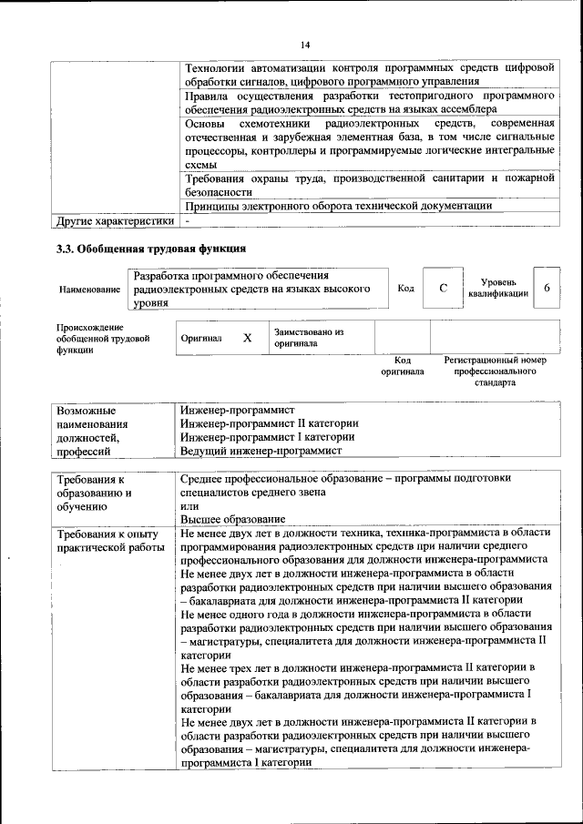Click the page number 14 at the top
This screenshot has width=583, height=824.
click(x=304, y=45)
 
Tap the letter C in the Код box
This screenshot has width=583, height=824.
click(x=443, y=289)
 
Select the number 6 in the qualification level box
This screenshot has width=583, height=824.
click(x=547, y=289)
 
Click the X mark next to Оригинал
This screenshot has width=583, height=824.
click(x=247, y=338)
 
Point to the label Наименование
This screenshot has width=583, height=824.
click(x=89, y=290)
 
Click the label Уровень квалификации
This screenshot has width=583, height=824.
click(x=498, y=289)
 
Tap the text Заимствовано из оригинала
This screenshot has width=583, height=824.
click(x=308, y=339)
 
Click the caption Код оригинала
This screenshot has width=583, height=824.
click(x=402, y=366)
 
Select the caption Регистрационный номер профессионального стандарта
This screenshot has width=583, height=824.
click(x=495, y=371)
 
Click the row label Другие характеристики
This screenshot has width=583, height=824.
click(x=115, y=220)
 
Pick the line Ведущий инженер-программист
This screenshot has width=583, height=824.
click(x=261, y=451)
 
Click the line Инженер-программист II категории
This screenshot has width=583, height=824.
click(x=269, y=423)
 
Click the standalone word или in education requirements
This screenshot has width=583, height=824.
click(x=189, y=504)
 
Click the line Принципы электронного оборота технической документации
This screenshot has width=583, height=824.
click(x=338, y=206)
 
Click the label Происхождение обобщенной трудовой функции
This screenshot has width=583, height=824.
click(x=90, y=338)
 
